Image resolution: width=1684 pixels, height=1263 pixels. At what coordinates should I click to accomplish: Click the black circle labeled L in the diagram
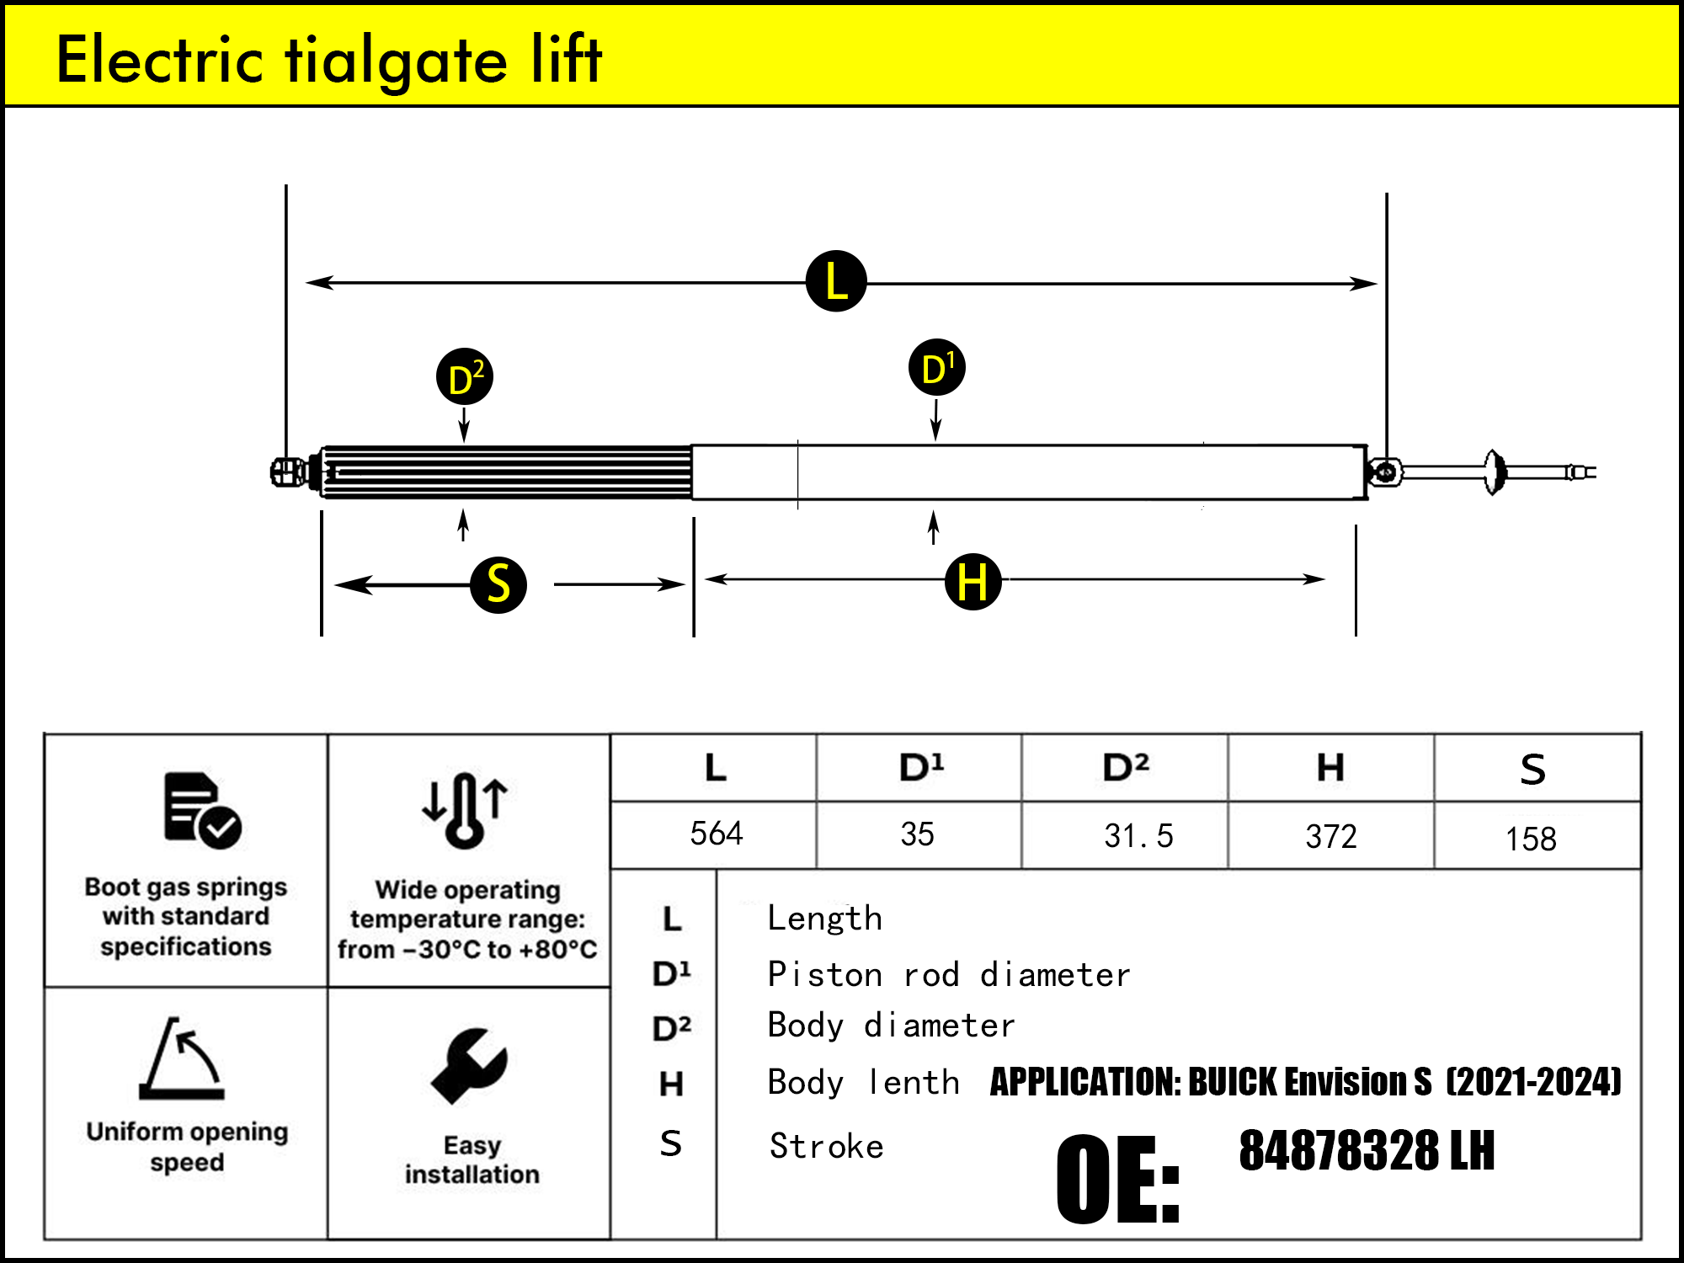[x=836, y=281]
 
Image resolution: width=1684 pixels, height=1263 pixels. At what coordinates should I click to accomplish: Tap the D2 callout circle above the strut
[x=465, y=376]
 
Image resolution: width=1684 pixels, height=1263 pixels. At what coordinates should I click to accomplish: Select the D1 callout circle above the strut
[x=936, y=367]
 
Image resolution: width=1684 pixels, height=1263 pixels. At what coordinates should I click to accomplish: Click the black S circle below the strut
[x=498, y=584]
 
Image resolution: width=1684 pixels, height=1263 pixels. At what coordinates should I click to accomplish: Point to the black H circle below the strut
[x=973, y=582]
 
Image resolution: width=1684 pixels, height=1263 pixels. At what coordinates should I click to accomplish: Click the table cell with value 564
[x=716, y=834]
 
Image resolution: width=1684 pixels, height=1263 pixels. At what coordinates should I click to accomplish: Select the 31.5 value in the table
[x=1138, y=835]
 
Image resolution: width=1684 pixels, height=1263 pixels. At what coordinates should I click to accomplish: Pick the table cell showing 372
[x=1331, y=836]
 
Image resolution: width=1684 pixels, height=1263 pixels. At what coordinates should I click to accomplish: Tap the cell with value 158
[x=1530, y=839]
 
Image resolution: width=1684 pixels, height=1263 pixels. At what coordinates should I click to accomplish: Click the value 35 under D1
[x=917, y=834]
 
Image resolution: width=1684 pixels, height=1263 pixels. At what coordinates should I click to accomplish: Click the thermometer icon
[x=465, y=810]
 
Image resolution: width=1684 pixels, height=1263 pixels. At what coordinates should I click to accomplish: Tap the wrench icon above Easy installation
[x=469, y=1066]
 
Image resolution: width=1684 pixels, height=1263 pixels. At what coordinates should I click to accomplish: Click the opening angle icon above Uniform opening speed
[x=182, y=1058]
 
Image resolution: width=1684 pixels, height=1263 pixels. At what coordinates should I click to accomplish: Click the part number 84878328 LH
[x=1366, y=1151]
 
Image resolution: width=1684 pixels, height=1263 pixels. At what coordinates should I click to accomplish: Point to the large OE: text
[x=1117, y=1179]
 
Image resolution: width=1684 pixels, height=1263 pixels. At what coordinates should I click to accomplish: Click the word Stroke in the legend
[x=826, y=1146]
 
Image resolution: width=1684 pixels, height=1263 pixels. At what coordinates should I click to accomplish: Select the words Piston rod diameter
[x=948, y=974]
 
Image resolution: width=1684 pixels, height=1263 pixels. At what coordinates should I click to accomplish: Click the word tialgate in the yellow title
[x=396, y=61]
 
